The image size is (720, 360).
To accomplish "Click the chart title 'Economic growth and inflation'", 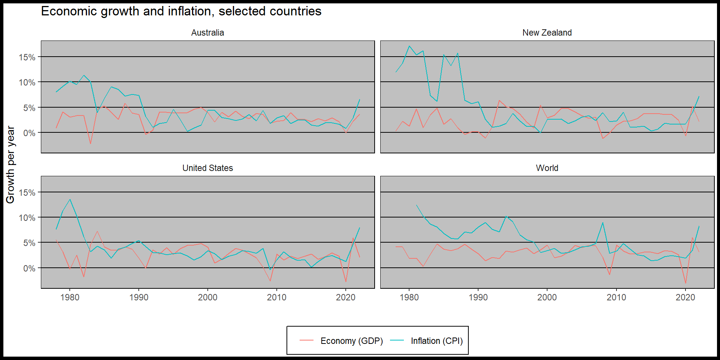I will [x=181, y=11].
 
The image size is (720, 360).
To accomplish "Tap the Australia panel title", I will [x=207, y=33].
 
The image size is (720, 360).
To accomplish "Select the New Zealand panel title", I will [x=547, y=33].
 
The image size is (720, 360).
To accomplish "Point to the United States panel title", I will [x=207, y=168].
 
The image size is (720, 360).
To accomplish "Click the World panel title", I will [x=547, y=168].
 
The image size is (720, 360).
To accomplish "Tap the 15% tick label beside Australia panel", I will [x=27, y=57].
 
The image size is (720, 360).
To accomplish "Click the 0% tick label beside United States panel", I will [x=29, y=268].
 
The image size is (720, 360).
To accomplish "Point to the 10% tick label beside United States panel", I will [x=27, y=218].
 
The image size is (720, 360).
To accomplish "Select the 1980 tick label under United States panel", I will [x=70, y=297].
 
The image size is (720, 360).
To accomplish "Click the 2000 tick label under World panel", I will [x=547, y=297].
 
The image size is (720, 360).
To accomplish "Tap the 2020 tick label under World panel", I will [x=685, y=297].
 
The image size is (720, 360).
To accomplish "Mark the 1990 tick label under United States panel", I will [x=139, y=297].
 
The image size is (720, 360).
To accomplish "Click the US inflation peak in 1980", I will [x=70, y=199].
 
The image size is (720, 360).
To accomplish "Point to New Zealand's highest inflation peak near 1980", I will [x=409, y=46].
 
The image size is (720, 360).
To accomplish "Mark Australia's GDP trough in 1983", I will [x=90, y=144].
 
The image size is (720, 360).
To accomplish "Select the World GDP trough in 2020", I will [x=685, y=283].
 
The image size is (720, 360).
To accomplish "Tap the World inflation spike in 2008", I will [x=603, y=223].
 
